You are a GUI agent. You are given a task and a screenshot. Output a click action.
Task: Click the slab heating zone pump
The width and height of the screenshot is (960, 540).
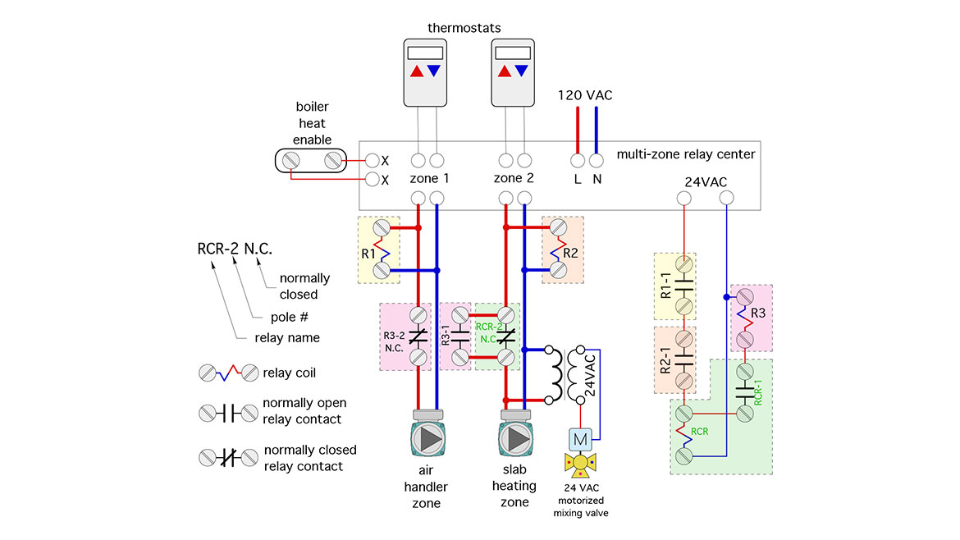pyautogui.click(x=515, y=440)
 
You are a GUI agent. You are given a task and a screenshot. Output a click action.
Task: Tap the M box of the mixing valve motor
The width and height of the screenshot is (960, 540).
pyautogui.click(x=580, y=439)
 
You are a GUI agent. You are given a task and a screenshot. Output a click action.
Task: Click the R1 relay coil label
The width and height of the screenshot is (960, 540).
pyautogui.click(x=368, y=254)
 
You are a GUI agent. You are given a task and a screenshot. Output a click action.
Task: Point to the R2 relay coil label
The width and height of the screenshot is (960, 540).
pyautogui.click(x=572, y=253)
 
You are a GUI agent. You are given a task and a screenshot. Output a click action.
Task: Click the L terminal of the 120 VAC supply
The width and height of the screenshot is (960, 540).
pyautogui.click(x=577, y=161)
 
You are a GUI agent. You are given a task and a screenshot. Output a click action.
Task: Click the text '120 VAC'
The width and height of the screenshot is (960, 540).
pyautogui.click(x=585, y=95)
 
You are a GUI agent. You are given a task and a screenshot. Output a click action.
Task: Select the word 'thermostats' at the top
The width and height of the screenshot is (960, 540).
pyautogui.click(x=464, y=28)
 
